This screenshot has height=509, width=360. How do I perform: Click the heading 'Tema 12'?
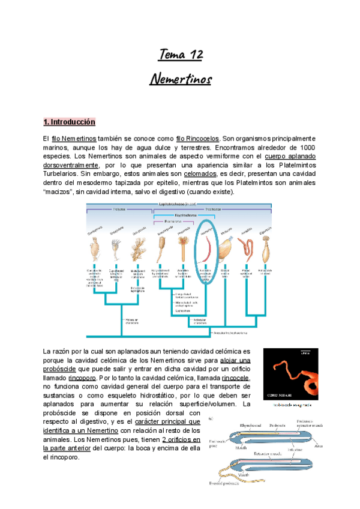coord(180,56)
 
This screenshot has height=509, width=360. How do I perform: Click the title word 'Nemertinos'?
coord(180,78)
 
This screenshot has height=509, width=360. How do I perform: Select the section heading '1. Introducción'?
coord(70,122)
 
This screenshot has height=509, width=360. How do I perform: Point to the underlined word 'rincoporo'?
coord(82,378)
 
